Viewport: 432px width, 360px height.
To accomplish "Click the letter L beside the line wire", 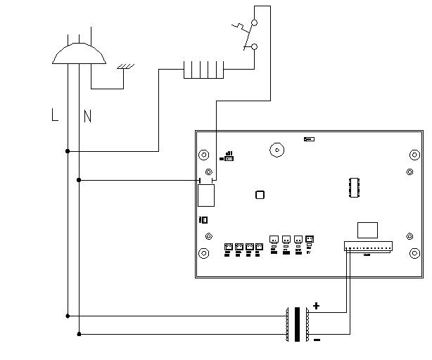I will click(x=55, y=115).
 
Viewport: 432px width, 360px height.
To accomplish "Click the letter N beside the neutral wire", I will click(x=87, y=116).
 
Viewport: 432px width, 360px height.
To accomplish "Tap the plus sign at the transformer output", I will click(x=316, y=306).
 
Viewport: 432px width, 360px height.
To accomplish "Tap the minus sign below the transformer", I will click(x=317, y=340).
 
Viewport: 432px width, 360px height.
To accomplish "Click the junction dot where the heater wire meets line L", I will click(x=68, y=151).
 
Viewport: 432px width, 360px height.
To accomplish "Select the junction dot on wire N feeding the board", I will click(x=79, y=180).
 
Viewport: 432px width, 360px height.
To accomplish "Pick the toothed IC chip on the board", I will click(x=355, y=188).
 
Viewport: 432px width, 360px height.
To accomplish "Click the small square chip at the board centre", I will click(x=260, y=196).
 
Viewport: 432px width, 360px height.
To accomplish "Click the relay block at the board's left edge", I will click(x=205, y=194).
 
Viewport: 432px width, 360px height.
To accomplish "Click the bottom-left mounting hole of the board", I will click(x=204, y=252).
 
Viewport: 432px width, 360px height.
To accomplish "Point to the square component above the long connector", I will click(x=367, y=230).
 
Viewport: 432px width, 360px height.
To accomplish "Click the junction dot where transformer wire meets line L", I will click(x=68, y=316).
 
